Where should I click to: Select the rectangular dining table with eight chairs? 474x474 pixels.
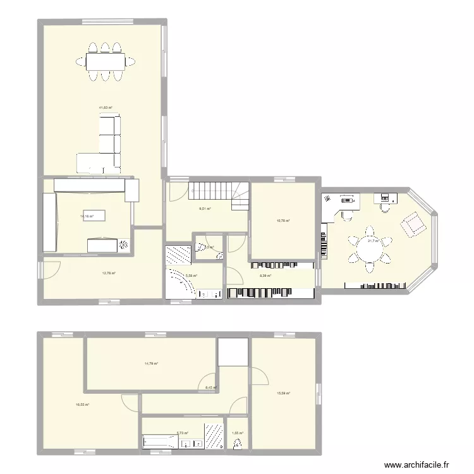coord(105,61)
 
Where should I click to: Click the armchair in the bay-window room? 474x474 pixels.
coord(413,224)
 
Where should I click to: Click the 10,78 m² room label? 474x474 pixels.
coord(283,221)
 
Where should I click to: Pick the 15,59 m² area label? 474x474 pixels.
coord(283,393)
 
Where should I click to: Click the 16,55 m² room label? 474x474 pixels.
coord(82,405)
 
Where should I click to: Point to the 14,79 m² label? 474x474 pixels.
coord(151,363)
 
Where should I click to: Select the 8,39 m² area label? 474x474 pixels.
coord(265,276)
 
